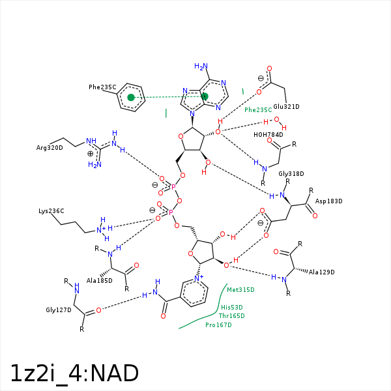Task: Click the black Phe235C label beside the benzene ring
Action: [102, 87]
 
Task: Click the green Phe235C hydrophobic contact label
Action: [258, 110]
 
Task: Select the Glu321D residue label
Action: [286, 107]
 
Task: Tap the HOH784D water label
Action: [268, 135]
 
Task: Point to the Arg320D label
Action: [50, 148]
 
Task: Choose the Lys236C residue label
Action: [51, 211]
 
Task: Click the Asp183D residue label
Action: [328, 201]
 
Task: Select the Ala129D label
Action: [322, 272]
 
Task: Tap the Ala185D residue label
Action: [100, 281]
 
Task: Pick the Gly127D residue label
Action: [59, 310]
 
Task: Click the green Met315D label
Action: [240, 290]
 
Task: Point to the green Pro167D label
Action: [218, 325]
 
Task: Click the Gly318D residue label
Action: [291, 174]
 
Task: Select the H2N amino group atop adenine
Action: [201, 66]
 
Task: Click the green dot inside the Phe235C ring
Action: [131, 97]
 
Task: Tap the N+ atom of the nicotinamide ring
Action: [199, 278]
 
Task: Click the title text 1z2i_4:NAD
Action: [74, 373]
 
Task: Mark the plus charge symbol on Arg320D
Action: [91, 154]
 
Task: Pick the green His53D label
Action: [231, 307]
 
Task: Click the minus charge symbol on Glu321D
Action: [261, 78]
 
